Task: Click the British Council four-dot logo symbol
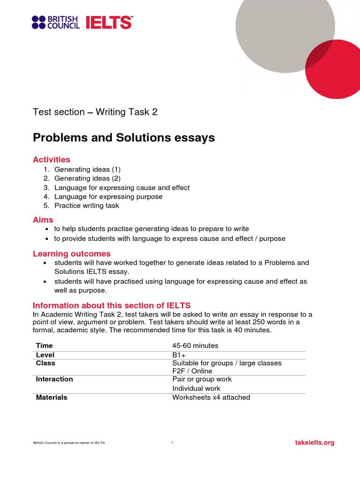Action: [x=38, y=22]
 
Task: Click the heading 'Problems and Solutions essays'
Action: [x=124, y=138]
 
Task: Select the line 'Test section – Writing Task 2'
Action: [x=95, y=112]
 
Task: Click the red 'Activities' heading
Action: [x=52, y=160]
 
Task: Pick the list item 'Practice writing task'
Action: [x=87, y=205]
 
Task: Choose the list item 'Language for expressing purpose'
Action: [x=108, y=196]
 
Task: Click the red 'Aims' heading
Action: [x=43, y=220]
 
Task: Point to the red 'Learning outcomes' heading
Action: [x=72, y=254]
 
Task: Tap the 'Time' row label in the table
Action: [x=45, y=345]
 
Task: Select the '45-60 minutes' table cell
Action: [x=195, y=345]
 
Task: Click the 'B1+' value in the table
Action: [x=179, y=355]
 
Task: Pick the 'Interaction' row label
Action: [x=54, y=379]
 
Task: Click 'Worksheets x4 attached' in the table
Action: [x=211, y=397]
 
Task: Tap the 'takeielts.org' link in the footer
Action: [x=315, y=442]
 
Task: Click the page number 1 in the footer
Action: [x=172, y=443]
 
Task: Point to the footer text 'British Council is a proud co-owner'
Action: [x=69, y=443]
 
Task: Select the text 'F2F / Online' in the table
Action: [x=192, y=371]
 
